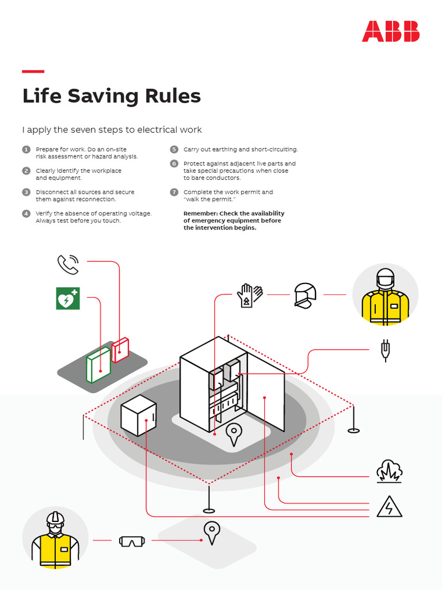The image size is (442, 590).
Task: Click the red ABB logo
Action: point(391,31)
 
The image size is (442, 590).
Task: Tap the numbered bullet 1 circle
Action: point(26,149)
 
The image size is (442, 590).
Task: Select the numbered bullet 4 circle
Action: point(26,213)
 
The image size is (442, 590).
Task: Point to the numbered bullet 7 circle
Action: point(174,192)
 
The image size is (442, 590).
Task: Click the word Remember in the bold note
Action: point(200,213)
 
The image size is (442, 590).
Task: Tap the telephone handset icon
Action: point(68,264)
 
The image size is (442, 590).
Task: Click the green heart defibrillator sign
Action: point(68,298)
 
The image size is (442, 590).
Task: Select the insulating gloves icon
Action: point(250,296)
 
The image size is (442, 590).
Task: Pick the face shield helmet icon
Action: point(305,296)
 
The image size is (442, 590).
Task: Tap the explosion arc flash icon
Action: point(389,471)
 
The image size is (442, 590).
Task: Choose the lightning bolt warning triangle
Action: point(390,507)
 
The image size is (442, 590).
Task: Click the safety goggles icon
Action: point(132,541)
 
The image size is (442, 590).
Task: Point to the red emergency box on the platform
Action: point(120,350)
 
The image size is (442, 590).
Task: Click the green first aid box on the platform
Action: point(98,365)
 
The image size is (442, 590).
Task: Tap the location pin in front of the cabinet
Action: point(234,434)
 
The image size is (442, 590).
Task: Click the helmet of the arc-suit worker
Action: point(385,278)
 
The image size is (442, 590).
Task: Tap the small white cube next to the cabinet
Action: point(138,415)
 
